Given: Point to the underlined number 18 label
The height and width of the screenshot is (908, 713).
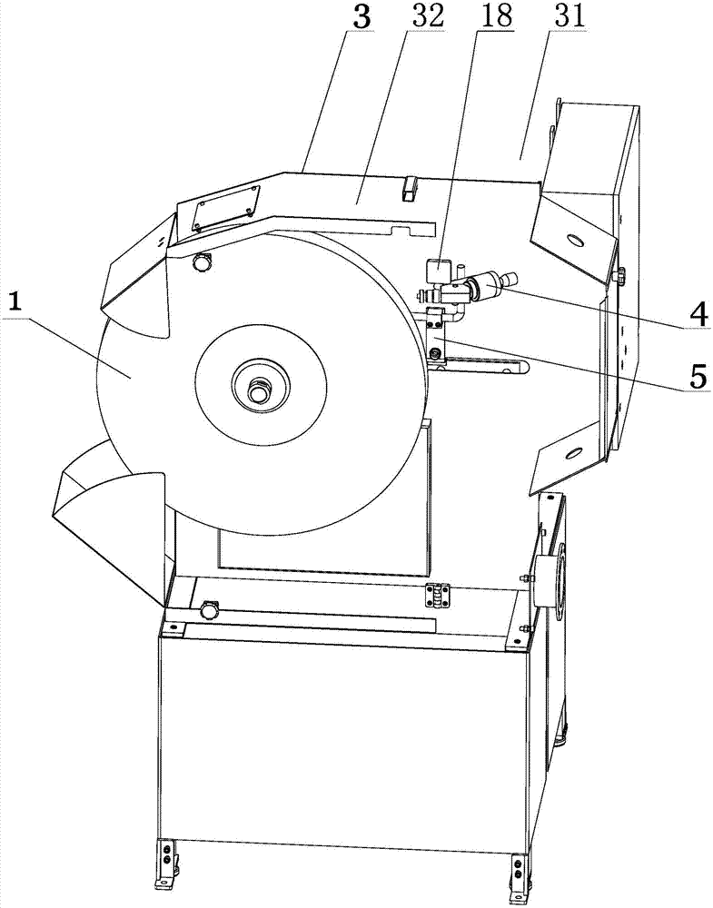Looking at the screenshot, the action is tap(498, 16).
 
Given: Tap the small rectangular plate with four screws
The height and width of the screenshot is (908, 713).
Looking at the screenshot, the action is tap(226, 208).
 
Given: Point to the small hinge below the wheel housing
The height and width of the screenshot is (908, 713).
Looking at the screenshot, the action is tap(438, 596).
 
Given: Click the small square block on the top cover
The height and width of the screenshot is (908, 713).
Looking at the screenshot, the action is tap(410, 188).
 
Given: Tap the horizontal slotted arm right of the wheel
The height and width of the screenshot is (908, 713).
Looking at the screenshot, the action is tap(478, 367).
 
